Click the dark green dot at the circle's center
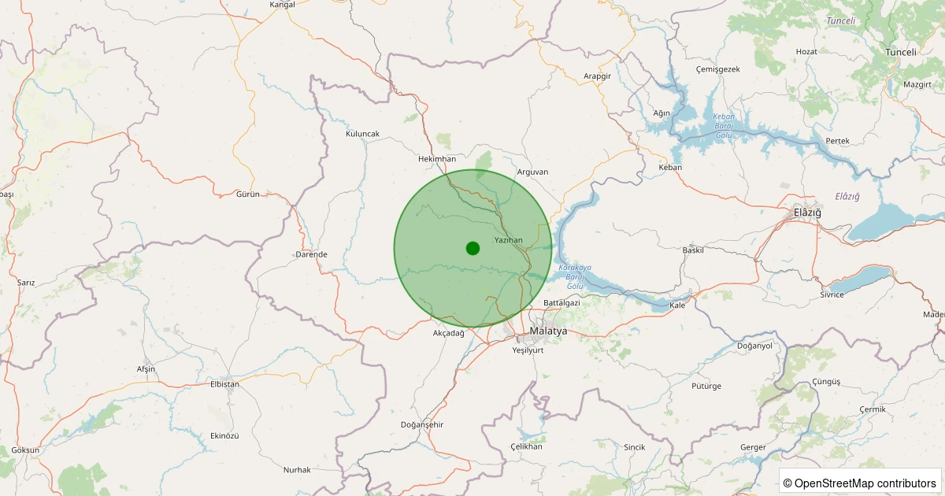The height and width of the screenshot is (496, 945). click(472, 248)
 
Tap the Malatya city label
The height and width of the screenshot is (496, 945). click(548, 331)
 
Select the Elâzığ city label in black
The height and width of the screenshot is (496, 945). click(807, 213)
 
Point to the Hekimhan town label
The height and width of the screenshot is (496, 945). click(437, 159)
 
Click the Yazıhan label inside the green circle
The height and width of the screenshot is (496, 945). click(508, 239)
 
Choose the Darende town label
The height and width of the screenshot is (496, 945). click(311, 254)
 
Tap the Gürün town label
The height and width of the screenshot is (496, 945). click(248, 194)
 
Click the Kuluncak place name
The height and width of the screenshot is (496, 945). click(362, 134)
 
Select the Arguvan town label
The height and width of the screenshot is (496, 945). click(532, 172)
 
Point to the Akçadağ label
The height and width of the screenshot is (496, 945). click(450, 333)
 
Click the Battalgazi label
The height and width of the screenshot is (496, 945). click(561, 303)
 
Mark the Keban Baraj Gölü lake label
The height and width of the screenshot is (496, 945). click(724, 126)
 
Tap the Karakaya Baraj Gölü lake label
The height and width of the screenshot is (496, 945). click(575, 276)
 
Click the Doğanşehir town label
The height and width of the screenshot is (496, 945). click(423, 425)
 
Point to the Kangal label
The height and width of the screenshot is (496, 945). click(282, 5)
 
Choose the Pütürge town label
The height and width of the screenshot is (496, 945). click(684, 387)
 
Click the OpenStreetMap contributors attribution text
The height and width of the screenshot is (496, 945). click(861, 483)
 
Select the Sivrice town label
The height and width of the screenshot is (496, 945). click(832, 294)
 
